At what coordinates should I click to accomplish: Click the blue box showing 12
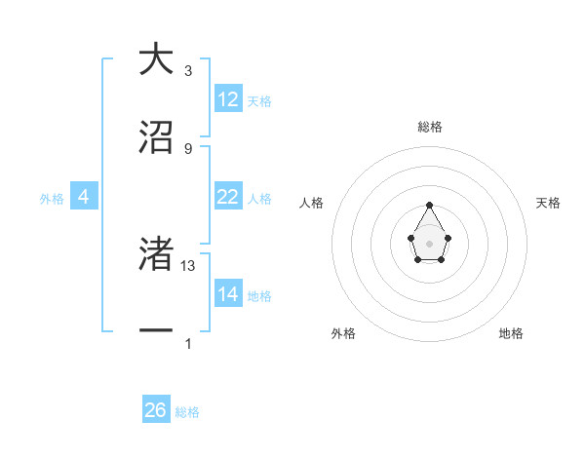tap(228, 99)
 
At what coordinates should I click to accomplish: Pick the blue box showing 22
tap(228, 197)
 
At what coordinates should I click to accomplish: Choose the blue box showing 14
tap(228, 294)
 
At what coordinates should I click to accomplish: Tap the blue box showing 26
tap(156, 410)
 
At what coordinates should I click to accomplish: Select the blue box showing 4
tap(84, 197)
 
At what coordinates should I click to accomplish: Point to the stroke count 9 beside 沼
tap(188, 148)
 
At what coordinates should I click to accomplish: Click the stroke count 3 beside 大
tap(188, 71)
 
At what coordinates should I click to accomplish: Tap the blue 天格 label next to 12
tap(259, 100)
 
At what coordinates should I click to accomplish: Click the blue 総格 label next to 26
tap(187, 411)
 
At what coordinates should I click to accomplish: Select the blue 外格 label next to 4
tap(52, 198)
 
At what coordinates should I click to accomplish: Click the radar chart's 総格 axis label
tap(430, 127)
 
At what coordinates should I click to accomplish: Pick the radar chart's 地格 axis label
tap(511, 333)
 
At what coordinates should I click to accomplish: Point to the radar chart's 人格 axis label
tap(312, 203)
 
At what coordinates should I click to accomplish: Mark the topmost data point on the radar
tap(430, 205)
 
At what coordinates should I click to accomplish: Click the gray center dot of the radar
tap(430, 243)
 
